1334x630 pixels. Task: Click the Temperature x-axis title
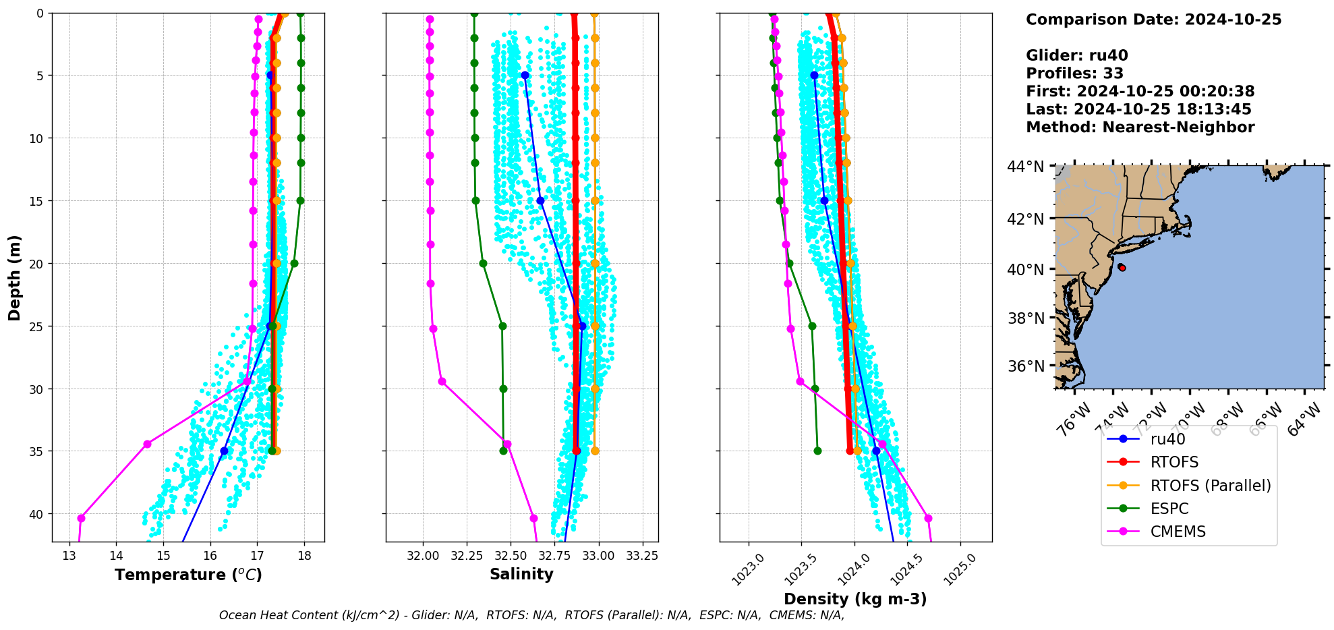pos(188,575)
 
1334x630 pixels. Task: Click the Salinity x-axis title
pos(521,574)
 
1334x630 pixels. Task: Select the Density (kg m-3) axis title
pos(855,599)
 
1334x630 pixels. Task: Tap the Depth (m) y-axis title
pos(15,278)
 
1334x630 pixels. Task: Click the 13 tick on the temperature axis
pos(69,556)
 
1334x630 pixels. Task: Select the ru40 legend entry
pos(1167,439)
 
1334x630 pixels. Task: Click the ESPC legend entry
pos(1169,509)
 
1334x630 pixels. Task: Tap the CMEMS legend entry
pos(1178,532)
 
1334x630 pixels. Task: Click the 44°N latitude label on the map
pos(1025,166)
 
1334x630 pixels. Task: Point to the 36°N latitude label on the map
pos(1025,366)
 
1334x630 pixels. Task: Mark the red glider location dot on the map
pos(1122,268)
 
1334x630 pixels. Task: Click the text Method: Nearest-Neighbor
pos(1140,127)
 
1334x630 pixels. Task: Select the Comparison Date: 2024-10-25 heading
pos(1153,20)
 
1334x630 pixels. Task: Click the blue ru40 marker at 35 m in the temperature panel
pos(225,451)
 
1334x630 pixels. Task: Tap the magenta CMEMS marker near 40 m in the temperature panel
pos(81,518)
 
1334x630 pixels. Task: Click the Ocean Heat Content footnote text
pos(531,615)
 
